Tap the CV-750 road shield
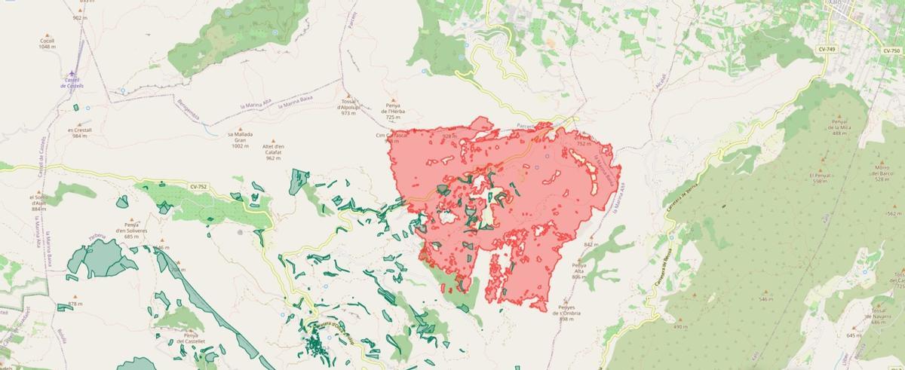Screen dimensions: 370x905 coord(891,50)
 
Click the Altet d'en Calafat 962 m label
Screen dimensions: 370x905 coord(273,151)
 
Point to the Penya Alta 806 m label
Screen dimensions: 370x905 coord(579,271)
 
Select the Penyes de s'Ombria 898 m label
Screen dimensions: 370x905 coord(568,312)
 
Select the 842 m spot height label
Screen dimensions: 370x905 coord(590,245)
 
